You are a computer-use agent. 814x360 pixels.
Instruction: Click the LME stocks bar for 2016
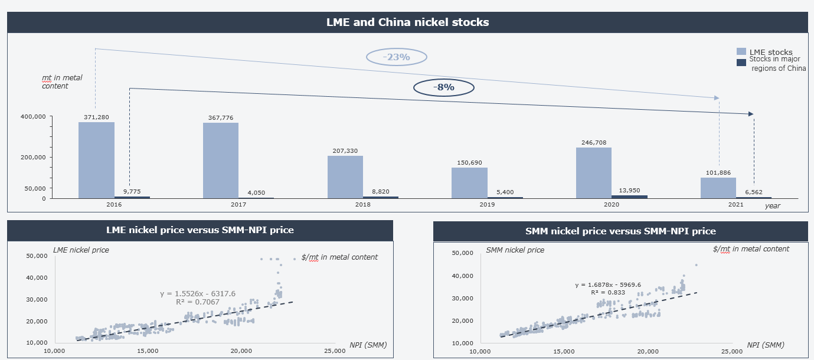click(96, 160)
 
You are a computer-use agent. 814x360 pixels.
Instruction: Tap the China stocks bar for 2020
click(629, 197)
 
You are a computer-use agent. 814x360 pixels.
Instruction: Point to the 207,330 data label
click(345, 151)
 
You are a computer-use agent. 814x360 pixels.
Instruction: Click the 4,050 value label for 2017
click(256, 192)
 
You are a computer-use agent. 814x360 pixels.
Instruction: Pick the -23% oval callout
click(396, 57)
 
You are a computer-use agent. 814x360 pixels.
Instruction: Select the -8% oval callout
click(444, 87)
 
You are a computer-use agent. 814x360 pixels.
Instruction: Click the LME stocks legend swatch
click(741, 52)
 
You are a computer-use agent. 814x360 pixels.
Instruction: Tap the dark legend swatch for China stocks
click(741, 63)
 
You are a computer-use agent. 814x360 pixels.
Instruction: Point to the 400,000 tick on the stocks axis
click(33, 117)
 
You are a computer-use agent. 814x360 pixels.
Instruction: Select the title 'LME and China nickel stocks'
click(407, 22)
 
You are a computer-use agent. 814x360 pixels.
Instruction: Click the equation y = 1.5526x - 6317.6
click(198, 293)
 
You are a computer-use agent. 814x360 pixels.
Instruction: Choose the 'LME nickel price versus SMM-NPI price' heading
click(200, 230)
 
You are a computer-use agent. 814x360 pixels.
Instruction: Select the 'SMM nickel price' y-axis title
click(515, 250)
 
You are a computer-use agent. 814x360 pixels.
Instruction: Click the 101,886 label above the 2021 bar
click(718, 173)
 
